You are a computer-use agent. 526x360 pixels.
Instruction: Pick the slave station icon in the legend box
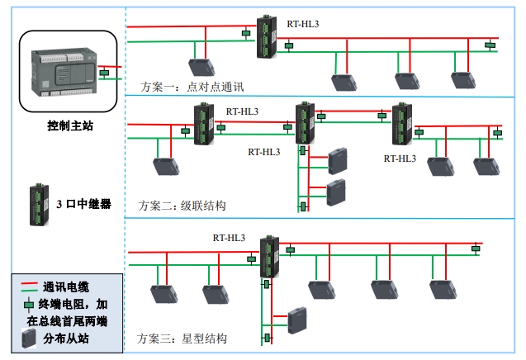tap(29, 336)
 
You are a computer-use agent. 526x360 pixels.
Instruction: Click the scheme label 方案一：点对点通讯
tap(192, 86)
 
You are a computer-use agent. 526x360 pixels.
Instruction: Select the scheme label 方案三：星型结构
tap(182, 339)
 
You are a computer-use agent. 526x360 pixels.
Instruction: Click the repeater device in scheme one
tap(268, 37)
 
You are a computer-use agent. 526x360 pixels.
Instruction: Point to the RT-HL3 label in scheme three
tap(229, 238)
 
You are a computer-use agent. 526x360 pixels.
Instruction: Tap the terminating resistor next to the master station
tap(104, 73)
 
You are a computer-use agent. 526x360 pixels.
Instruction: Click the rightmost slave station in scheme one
tap(459, 79)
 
